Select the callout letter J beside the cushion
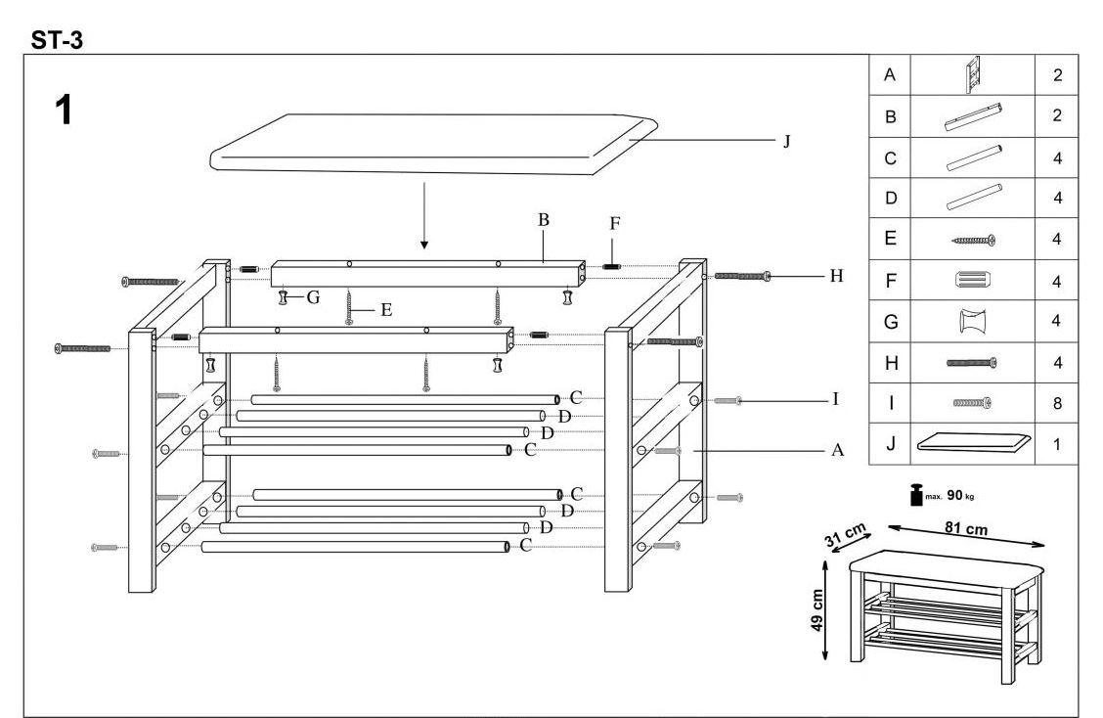tap(785, 141)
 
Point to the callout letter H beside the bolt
tap(835, 276)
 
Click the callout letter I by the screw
tap(835, 400)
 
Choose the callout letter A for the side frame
tap(837, 451)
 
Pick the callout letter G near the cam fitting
tap(313, 297)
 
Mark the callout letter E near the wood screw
tap(385, 310)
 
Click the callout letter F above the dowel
tap(615, 223)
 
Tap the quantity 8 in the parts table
tap(1058, 402)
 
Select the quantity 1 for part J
tap(1058, 443)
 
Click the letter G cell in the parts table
tap(890, 321)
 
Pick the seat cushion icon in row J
tap(973, 443)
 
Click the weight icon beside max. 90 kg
tap(918, 494)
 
